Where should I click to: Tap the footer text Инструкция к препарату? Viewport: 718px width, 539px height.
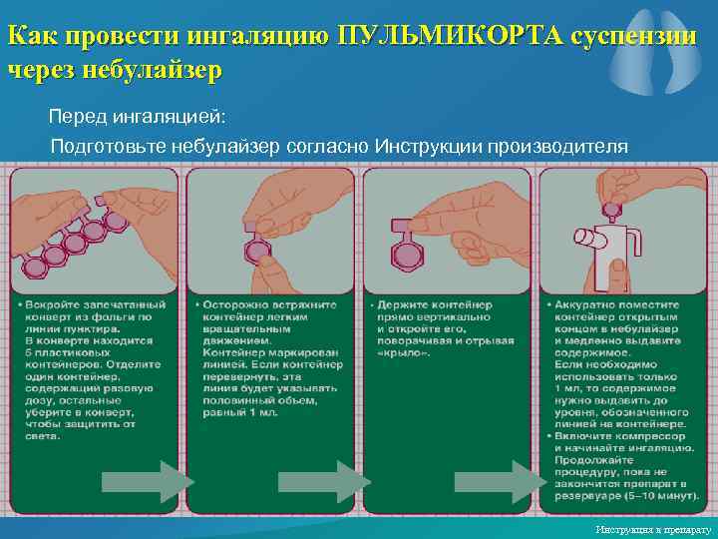pos(651,528)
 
